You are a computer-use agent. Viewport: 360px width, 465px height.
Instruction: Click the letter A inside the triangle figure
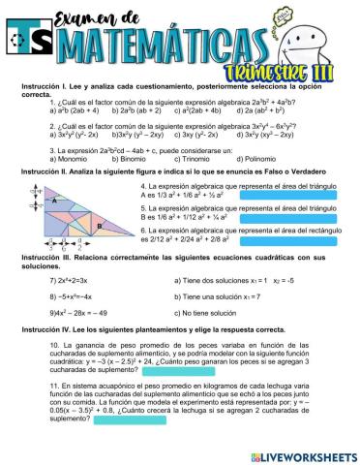tap(56, 201)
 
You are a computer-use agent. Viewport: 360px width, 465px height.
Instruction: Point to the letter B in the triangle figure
tap(125, 225)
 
